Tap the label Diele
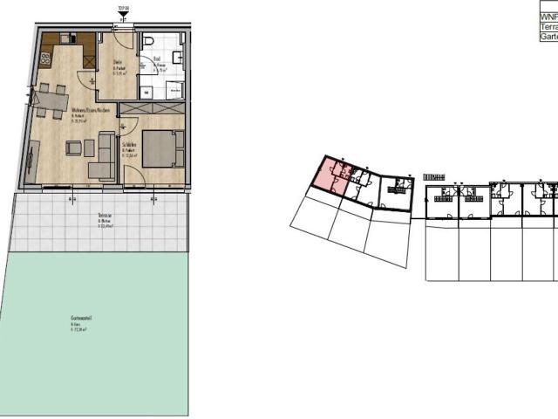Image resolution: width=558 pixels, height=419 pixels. [119, 63]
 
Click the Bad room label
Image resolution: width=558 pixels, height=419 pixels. [157, 59]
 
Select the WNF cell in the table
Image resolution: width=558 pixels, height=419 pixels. [548, 17]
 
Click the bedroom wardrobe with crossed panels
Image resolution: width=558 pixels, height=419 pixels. [151, 108]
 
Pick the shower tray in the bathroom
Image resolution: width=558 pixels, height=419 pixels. [174, 88]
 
